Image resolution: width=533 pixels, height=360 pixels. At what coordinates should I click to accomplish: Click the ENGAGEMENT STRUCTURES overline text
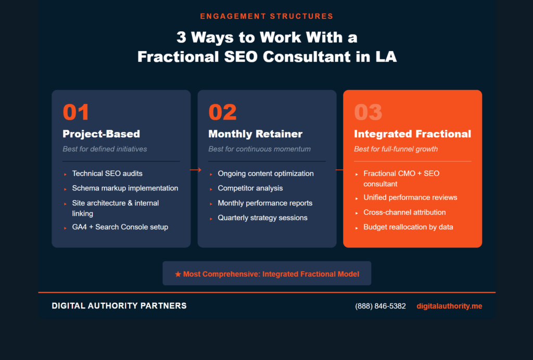pyautogui.click(x=266, y=16)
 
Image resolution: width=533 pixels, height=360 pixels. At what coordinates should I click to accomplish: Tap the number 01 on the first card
pyautogui.click(x=76, y=112)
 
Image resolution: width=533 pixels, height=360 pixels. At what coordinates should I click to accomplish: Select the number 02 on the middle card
pyautogui.click(x=222, y=112)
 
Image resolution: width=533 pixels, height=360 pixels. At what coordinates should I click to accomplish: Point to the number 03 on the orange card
pyautogui.click(x=368, y=112)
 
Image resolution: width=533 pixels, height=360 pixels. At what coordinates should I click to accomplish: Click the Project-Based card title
pyautogui.click(x=101, y=134)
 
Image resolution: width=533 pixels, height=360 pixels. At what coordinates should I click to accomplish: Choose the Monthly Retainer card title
pyautogui.click(x=255, y=134)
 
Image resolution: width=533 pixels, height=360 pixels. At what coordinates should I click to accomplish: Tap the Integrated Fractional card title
pyautogui.click(x=412, y=134)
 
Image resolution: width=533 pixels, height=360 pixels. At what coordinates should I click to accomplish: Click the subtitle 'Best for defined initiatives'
pyautogui.click(x=105, y=149)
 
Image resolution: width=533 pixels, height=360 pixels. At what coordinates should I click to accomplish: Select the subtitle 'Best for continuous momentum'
pyautogui.click(x=259, y=149)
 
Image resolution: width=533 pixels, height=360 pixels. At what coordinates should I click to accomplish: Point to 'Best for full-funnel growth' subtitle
pyautogui.click(x=396, y=149)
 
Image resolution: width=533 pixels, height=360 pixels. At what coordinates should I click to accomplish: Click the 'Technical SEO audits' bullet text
pyautogui.click(x=107, y=173)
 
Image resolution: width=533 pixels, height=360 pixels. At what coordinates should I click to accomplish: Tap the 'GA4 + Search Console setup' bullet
pyautogui.click(x=120, y=227)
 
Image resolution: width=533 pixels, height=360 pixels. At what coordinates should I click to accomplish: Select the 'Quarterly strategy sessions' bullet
pyautogui.click(x=262, y=217)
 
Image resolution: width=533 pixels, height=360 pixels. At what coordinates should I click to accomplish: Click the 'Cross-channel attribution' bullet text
pyautogui.click(x=404, y=212)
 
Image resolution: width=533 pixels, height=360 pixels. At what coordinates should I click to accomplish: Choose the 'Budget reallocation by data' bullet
pyautogui.click(x=408, y=227)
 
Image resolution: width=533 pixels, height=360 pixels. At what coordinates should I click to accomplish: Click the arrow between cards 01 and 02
pyautogui.click(x=195, y=170)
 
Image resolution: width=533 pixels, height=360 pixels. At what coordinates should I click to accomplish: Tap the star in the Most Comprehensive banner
pyautogui.click(x=178, y=274)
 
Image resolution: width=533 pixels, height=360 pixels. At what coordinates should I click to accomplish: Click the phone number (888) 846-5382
pyautogui.click(x=380, y=306)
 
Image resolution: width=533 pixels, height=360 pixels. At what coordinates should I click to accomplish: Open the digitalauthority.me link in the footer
pyautogui.click(x=449, y=306)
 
